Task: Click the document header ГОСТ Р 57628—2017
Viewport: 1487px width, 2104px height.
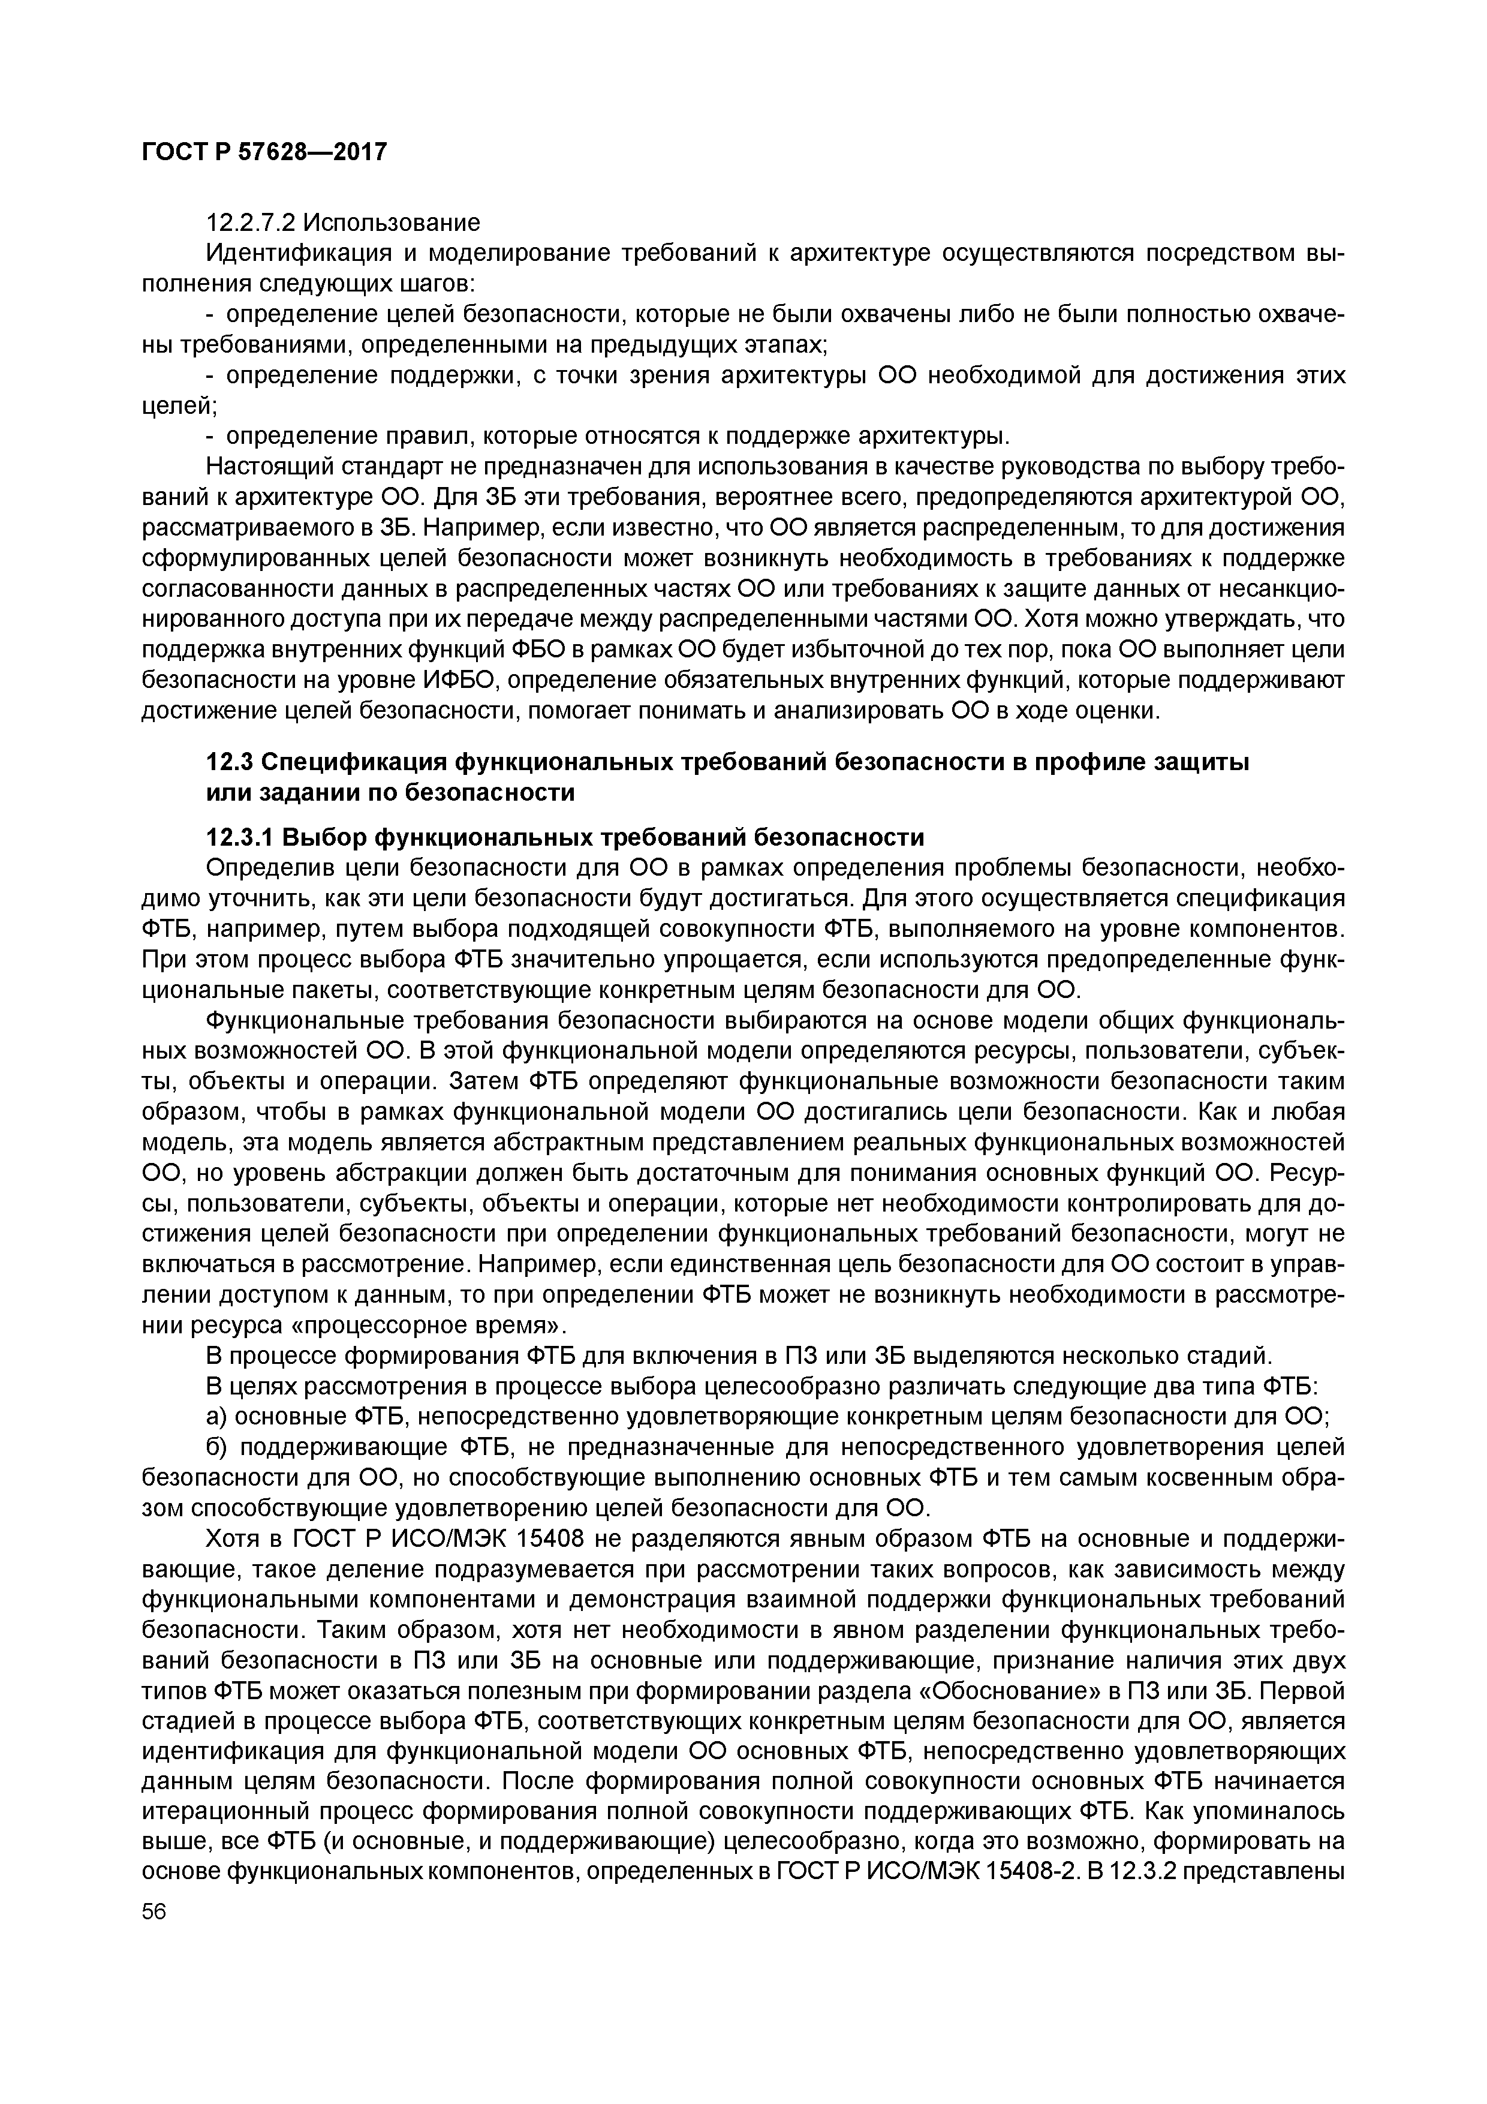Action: [x=265, y=151]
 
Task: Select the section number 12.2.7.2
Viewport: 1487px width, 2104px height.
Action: [x=250, y=223]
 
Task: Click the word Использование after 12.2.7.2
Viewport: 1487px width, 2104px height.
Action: [x=392, y=223]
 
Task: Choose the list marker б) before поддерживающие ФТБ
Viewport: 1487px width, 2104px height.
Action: [x=218, y=1448]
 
